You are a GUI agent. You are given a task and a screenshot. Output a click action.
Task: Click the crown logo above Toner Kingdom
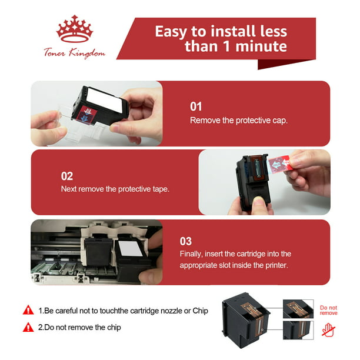[x=75, y=29]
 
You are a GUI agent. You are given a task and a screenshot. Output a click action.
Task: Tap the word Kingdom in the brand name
[x=87, y=54]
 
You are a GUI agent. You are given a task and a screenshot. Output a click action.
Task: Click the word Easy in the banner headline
[x=171, y=31]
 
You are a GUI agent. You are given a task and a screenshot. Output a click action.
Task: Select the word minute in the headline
[x=261, y=46]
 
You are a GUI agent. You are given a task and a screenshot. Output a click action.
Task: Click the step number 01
[x=196, y=106]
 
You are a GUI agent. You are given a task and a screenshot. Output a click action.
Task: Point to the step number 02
[x=67, y=176]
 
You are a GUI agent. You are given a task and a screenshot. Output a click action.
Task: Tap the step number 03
[x=185, y=241]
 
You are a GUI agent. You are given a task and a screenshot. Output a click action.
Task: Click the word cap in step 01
[x=280, y=121]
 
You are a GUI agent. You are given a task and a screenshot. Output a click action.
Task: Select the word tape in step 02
[x=161, y=189]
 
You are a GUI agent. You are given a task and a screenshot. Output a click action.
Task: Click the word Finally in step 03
[x=191, y=254]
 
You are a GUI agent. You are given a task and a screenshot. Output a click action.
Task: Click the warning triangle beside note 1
[x=28, y=310]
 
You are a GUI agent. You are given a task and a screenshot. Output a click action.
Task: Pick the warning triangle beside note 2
[x=28, y=327]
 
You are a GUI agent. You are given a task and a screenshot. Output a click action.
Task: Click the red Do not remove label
[x=329, y=311]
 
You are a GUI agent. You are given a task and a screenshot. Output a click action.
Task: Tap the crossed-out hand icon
[x=329, y=330]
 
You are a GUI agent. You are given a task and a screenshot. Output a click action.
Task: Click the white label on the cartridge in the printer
[x=131, y=248]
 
